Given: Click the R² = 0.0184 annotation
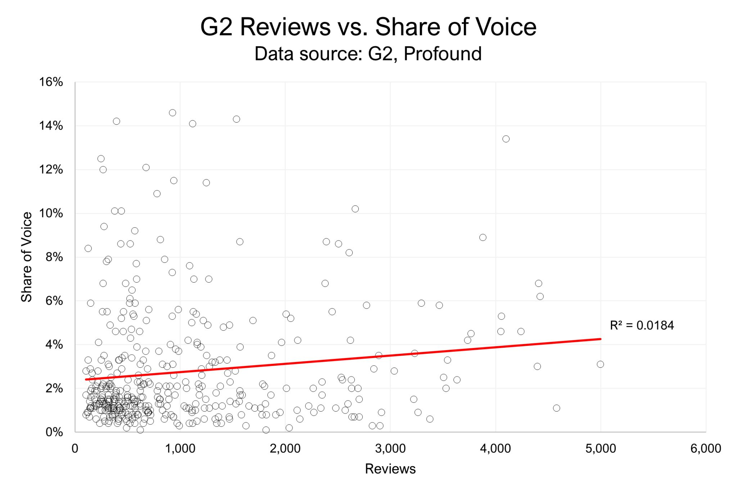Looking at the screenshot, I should [642, 325].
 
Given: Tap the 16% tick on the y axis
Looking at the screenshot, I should [51, 82].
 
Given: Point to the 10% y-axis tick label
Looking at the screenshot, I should [51, 214].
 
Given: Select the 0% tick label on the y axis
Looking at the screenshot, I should [54, 432].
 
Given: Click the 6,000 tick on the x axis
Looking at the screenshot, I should [705, 448].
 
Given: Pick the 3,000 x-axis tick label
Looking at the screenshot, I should [390, 448].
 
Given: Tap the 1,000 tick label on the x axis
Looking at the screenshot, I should [180, 448].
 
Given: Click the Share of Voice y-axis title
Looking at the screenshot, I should [27, 257].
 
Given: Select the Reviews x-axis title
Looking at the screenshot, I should [390, 469].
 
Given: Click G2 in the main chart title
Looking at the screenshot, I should [216, 27].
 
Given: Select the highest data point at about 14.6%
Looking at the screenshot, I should [172, 113].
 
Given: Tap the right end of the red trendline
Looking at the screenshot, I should [600, 339].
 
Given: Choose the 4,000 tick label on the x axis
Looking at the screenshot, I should [495, 448].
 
